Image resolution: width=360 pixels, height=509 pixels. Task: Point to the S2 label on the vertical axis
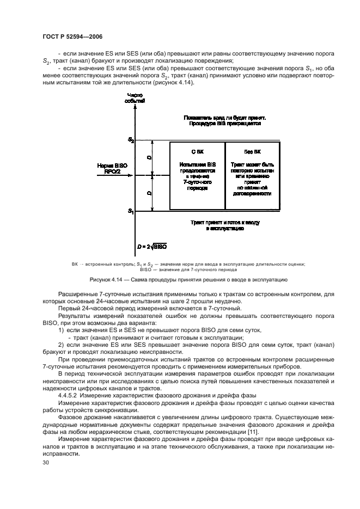click(x=131, y=140)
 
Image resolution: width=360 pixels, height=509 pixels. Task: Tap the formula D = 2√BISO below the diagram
click(x=152, y=247)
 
